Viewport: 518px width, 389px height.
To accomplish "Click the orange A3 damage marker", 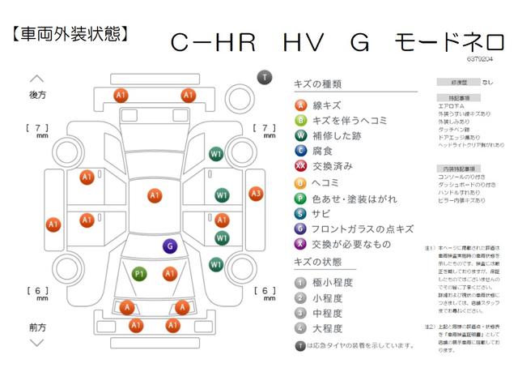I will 256,194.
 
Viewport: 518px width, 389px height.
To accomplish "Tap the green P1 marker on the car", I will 139,274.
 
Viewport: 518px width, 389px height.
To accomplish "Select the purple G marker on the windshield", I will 170,246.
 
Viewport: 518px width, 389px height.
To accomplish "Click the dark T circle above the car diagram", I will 264,77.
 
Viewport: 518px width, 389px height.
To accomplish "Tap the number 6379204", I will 478,59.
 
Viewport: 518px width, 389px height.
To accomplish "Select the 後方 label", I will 37,95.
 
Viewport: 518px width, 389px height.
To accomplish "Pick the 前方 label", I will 37,327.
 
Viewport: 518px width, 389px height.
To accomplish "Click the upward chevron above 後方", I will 37,79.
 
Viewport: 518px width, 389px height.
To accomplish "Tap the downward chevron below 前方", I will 37,343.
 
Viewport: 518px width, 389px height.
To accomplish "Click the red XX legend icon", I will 300,166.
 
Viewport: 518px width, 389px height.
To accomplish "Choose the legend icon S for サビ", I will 300,213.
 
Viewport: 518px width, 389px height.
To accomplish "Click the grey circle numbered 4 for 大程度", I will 300,328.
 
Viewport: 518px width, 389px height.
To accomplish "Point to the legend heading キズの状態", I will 320,263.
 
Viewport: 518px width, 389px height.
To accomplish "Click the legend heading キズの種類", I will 320,83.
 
